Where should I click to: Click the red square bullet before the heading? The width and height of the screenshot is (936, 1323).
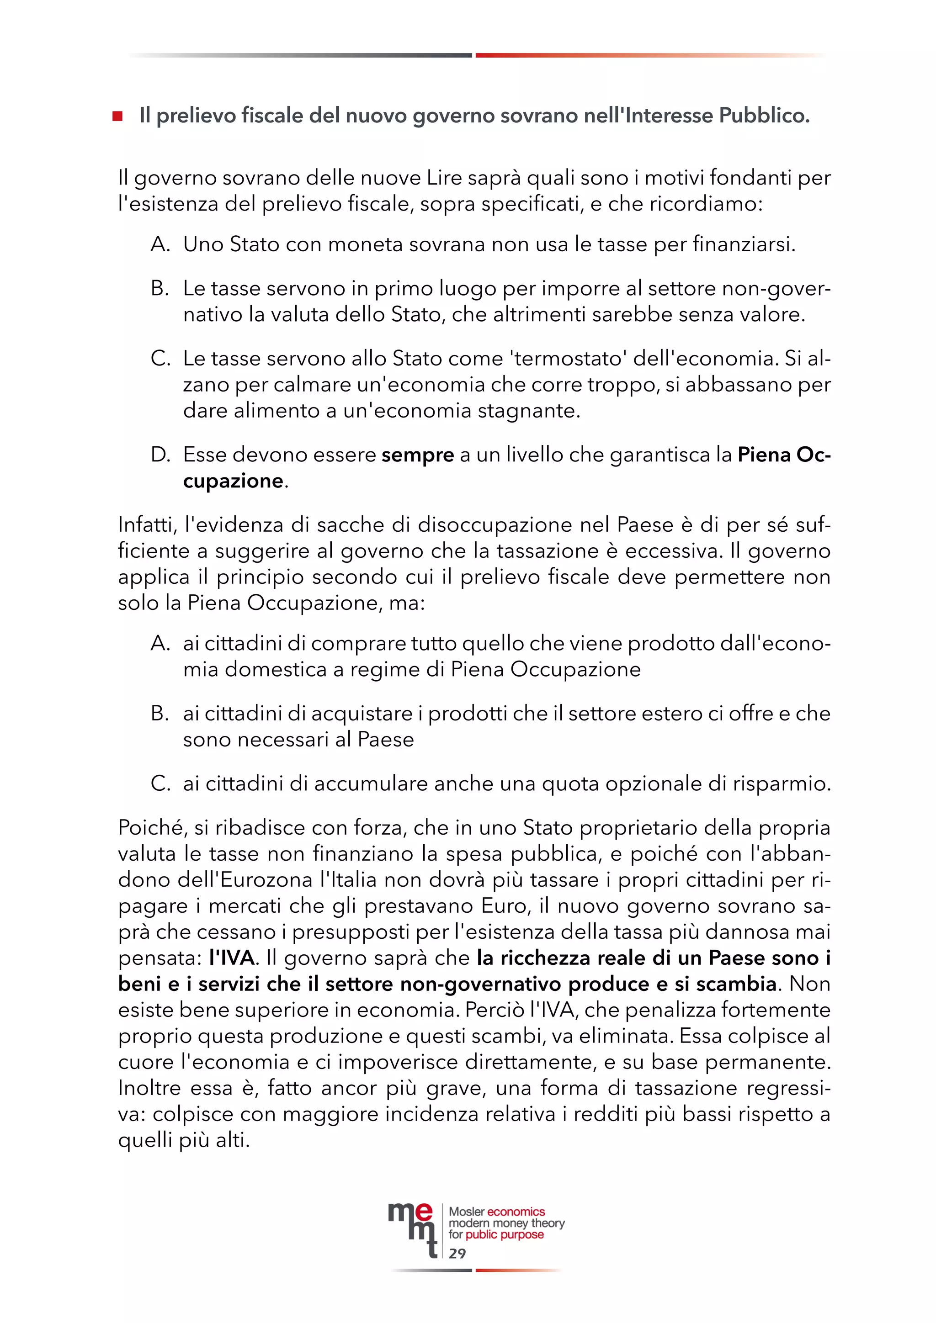click(117, 116)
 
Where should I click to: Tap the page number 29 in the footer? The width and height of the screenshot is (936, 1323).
click(457, 1253)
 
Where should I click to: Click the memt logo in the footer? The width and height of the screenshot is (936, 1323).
click(411, 1228)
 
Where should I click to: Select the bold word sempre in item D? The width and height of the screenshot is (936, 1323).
click(417, 455)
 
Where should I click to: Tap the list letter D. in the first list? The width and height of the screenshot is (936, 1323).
click(160, 455)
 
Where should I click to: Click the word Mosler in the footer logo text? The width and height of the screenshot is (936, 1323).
click(467, 1212)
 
